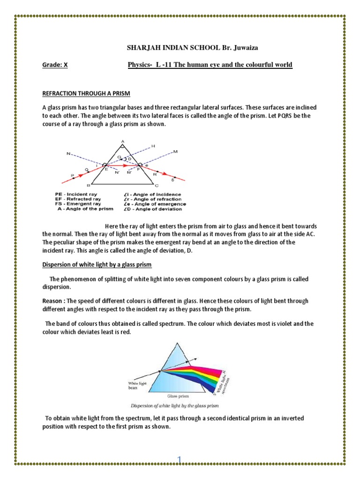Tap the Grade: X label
coord(55,65)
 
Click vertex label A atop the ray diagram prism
coord(122,141)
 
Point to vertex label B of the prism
coord(88,186)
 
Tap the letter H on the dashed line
coord(153,147)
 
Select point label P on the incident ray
coord(72,175)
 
